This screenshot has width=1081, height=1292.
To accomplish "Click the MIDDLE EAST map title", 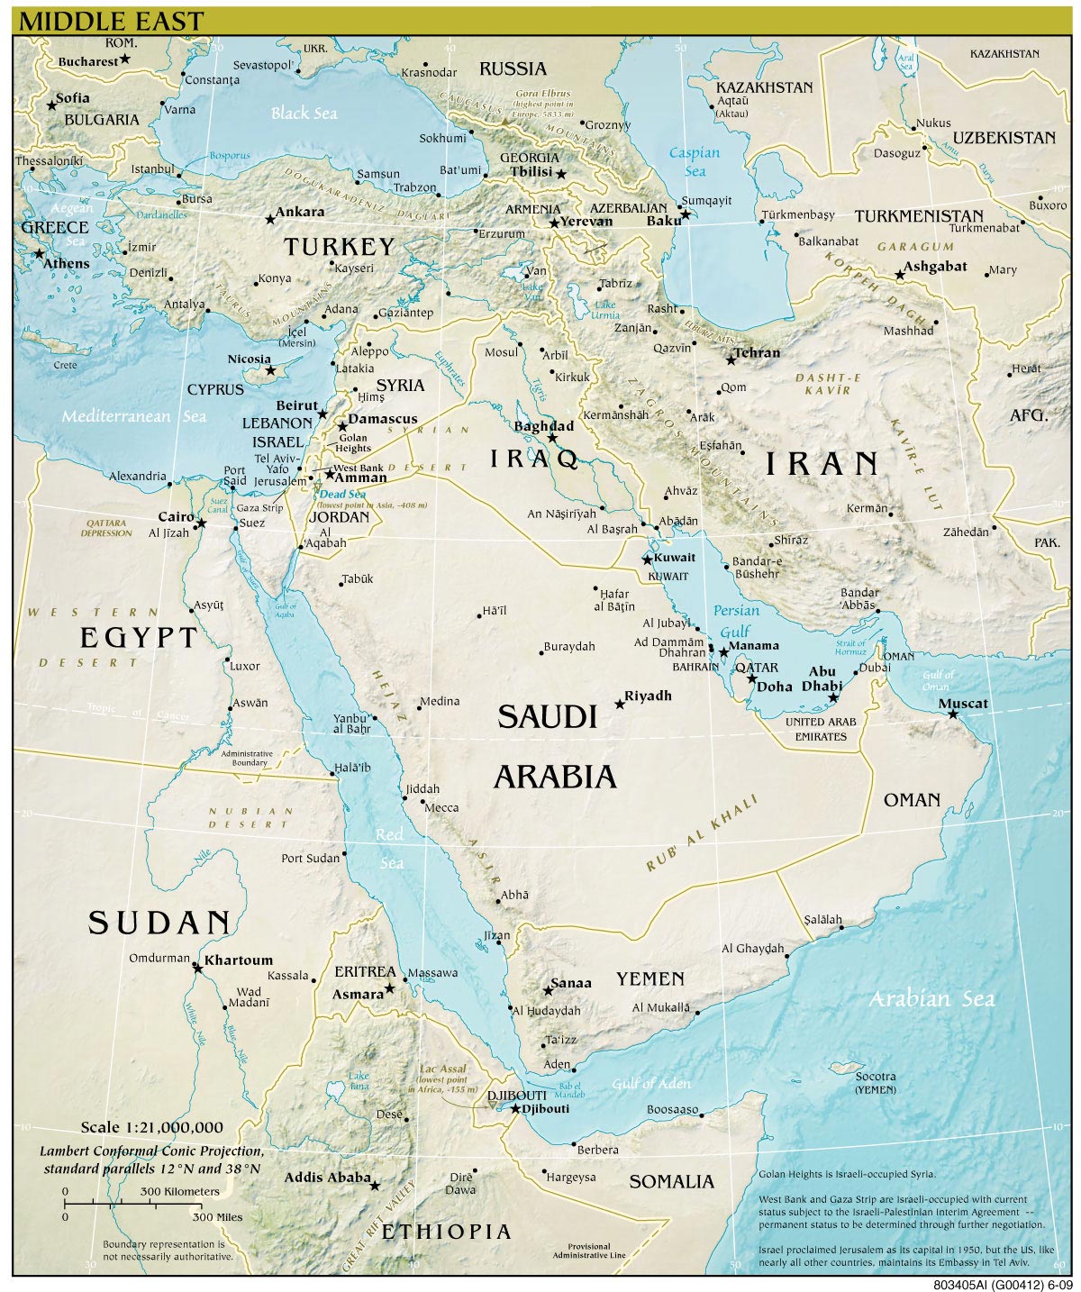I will point(112,22).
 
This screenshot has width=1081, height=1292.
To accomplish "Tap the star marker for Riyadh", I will point(619,704).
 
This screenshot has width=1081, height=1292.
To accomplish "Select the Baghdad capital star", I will point(552,438).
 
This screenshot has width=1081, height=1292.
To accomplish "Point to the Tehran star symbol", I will point(731,360).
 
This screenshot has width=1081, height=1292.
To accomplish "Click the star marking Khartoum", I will point(197,968).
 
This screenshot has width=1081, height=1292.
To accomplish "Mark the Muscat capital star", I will point(952,714).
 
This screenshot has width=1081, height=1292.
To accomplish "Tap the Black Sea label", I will point(304,114).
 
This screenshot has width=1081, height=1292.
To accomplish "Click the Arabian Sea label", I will point(931,998).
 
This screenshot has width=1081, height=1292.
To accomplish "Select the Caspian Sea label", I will point(695,161).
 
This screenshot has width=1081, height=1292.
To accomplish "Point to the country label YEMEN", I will point(650,978).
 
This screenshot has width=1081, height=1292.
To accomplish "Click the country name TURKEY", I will point(340,247).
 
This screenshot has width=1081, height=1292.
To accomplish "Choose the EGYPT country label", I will point(138,638).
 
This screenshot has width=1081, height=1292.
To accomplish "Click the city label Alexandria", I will point(138,476).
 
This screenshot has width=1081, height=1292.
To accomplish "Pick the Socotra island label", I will point(876,1077).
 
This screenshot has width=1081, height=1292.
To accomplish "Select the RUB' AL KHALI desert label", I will point(702,833).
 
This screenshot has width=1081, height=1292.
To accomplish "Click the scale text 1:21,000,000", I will point(151,1127).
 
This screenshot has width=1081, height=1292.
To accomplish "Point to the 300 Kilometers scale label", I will point(179,1191).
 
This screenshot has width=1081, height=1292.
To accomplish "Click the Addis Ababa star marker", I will point(375,1186).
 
